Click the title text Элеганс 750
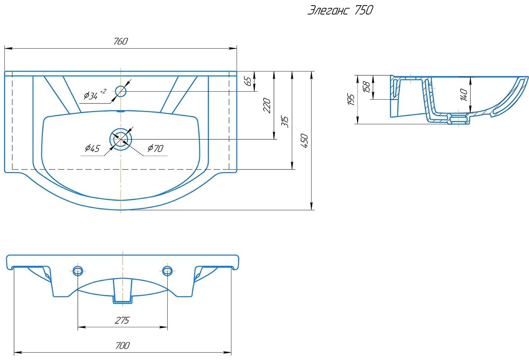[340, 10]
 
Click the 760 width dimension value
[120, 41]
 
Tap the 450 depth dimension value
[305, 141]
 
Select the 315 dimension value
[285, 122]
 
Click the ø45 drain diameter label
[93, 148]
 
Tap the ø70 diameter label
[155, 148]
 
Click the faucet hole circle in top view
[121, 91]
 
